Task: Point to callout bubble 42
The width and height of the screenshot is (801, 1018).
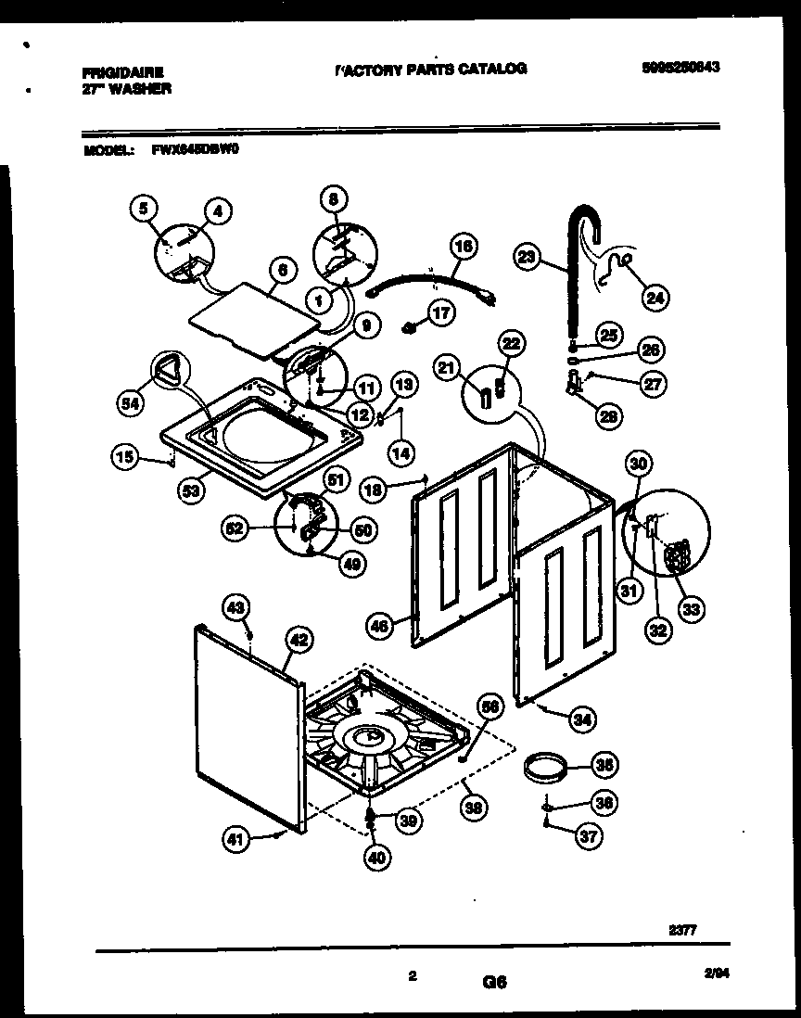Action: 298,639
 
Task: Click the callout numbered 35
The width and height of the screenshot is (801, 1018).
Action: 604,765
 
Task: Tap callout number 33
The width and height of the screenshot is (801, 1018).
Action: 690,609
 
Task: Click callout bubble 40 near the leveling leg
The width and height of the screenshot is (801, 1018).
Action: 375,859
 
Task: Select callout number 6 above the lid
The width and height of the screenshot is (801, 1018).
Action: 284,271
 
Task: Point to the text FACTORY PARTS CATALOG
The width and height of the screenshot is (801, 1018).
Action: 430,69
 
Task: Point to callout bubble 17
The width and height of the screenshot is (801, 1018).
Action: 441,313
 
